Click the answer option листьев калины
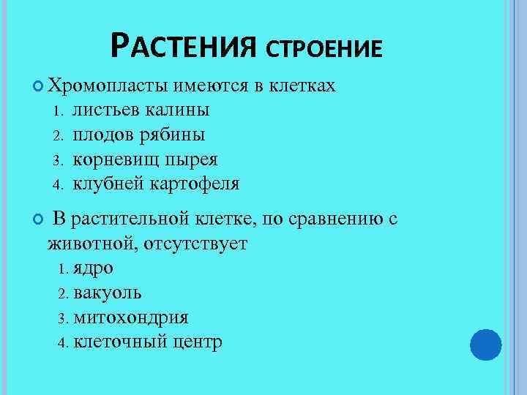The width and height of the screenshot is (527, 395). point(141,110)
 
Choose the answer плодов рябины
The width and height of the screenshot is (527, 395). point(138,135)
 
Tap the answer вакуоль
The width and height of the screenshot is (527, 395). point(108,293)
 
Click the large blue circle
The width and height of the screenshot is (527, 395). point(485,344)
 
